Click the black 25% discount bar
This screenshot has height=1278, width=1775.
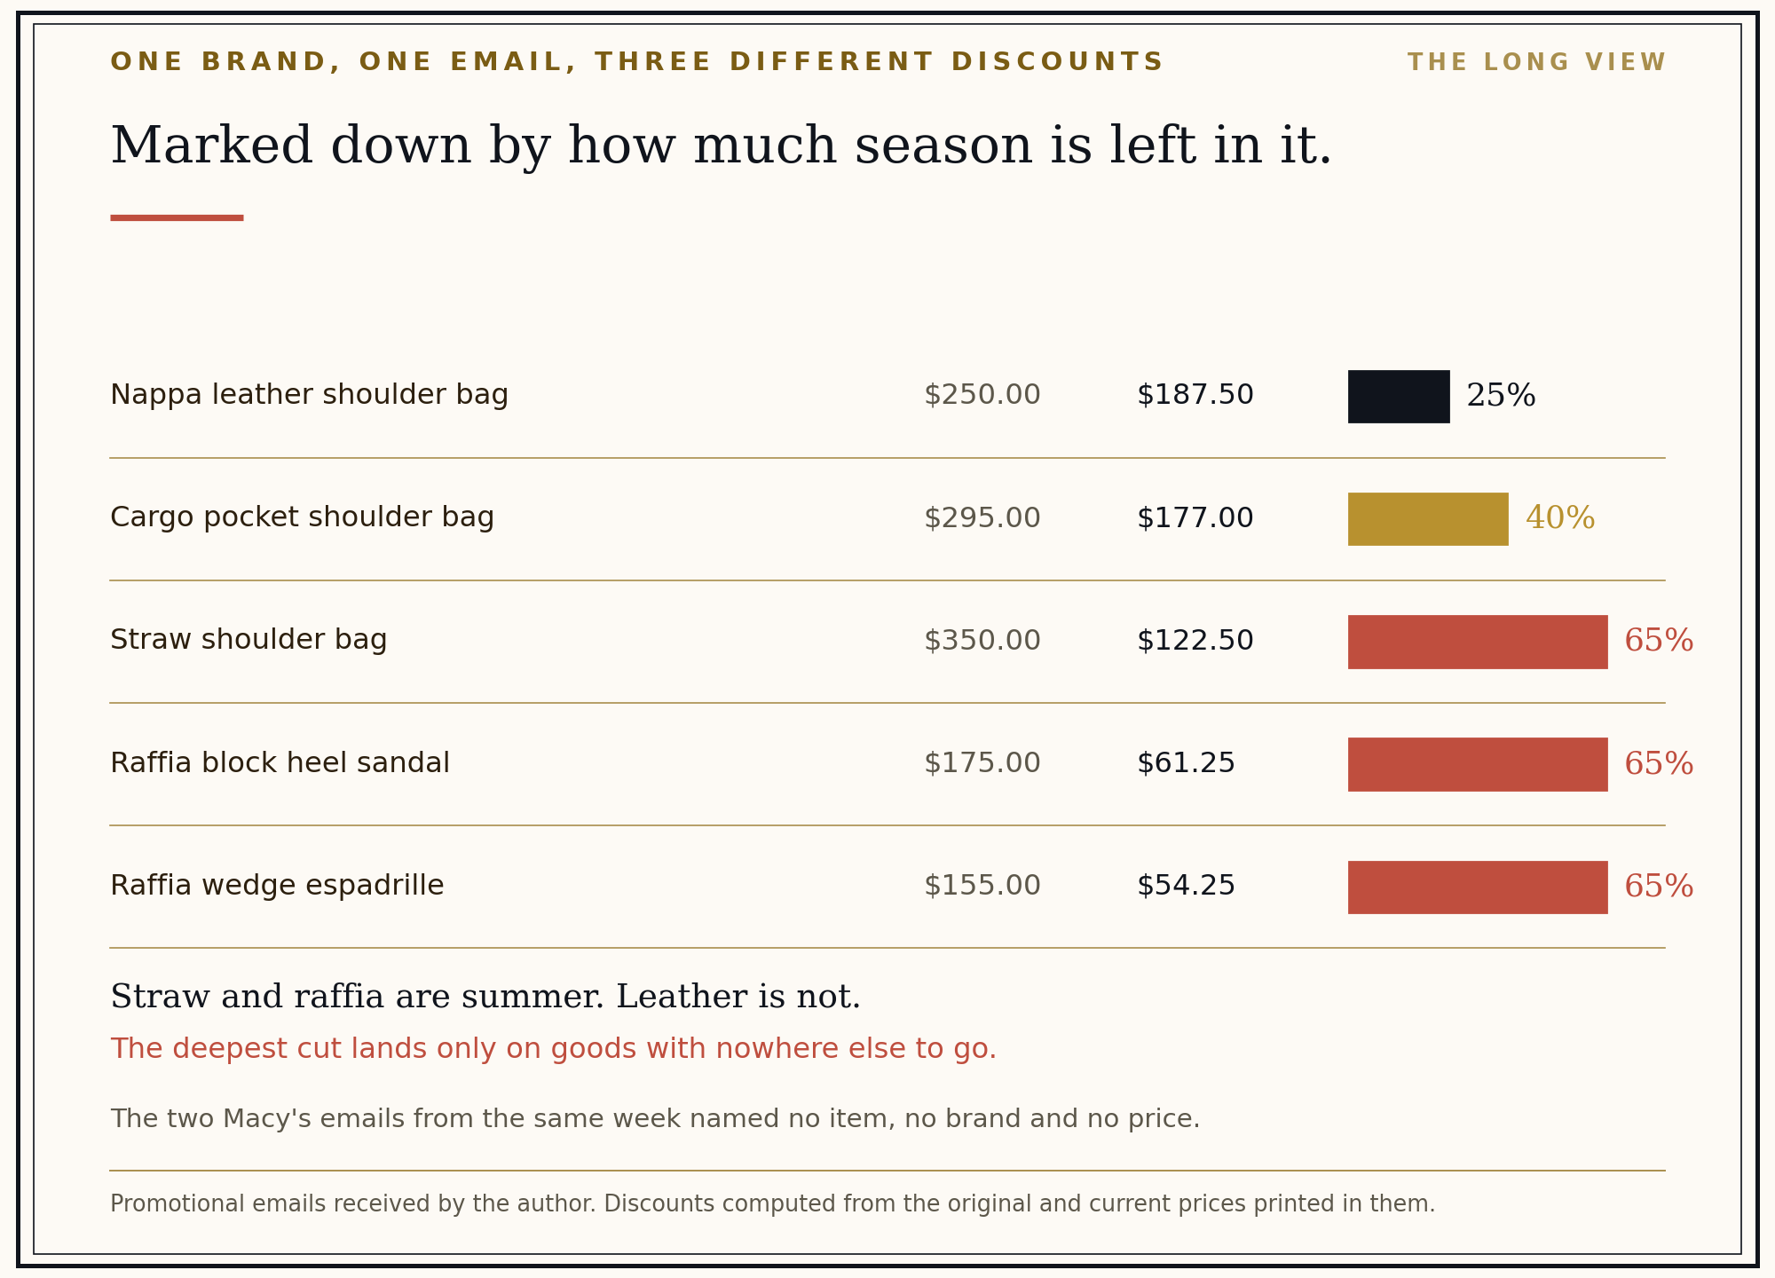tap(1399, 397)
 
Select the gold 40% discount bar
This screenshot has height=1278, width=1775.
tap(1428, 519)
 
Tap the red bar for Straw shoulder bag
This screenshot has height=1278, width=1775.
tap(1478, 642)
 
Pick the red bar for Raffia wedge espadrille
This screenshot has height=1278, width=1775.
tap(1478, 887)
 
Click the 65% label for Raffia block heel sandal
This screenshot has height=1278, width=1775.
tap(1659, 764)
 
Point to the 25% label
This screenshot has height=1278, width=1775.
tap(1501, 396)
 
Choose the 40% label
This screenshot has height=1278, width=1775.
tap(1560, 518)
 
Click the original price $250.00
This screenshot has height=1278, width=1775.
tap(982, 395)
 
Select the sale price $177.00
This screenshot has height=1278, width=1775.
tap(1195, 518)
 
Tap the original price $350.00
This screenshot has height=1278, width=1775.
tap(982, 641)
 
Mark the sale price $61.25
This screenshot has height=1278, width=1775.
tap(1187, 763)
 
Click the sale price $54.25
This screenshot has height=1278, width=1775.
tap(1187, 886)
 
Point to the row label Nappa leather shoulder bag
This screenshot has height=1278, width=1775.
tap(310, 395)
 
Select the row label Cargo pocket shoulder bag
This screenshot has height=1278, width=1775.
tap(303, 517)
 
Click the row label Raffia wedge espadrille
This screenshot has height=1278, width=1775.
tap(277, 886)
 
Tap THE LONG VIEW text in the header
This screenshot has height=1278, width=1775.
tap(1536, 63)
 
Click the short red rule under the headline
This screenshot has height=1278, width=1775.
tap(177, 217)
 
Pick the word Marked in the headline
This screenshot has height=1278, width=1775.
tap(211, 146)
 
